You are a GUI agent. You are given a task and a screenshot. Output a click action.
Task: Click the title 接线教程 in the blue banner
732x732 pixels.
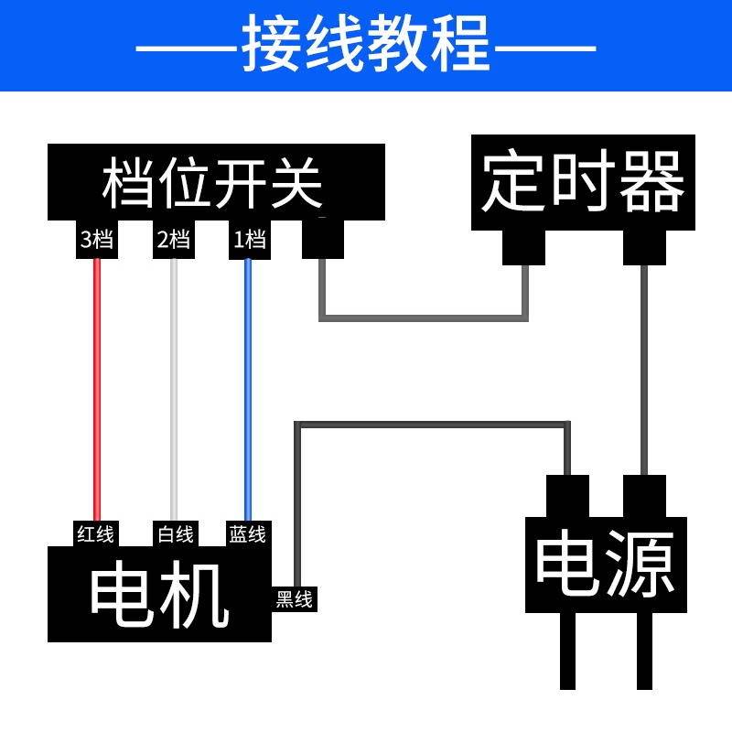[365, 43]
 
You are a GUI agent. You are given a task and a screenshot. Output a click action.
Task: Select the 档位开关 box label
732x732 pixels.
[212, 182]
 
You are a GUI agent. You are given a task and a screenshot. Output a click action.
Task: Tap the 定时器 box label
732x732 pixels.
[583, 180]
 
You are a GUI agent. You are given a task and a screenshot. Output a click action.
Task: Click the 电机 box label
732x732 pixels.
[159, 594]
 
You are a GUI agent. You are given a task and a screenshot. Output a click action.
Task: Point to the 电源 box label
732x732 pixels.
[606, 564]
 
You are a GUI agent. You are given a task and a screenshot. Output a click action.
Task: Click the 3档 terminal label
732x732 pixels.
[97, 239]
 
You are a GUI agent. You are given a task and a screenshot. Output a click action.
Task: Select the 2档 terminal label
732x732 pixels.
[174, 239]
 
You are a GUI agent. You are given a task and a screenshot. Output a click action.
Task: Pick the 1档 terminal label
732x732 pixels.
[250, 239]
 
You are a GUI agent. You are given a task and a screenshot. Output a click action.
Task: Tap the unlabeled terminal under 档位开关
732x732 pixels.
[323, 239]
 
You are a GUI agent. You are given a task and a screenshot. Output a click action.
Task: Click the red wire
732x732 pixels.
[97, 390]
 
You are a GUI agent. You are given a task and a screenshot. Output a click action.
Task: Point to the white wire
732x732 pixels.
[174, 390]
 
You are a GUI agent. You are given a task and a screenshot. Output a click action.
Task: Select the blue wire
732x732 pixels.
[248, 390]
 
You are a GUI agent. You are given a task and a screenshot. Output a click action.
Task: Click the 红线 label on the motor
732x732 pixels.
[96, 534]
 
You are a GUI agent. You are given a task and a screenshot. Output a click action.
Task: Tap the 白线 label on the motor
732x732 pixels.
[176, 534]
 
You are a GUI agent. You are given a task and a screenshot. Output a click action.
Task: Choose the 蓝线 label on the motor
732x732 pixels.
[247, 534]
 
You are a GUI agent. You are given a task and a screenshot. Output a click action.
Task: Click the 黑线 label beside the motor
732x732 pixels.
[294, 599]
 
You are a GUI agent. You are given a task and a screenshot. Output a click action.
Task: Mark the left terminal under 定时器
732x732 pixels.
[523, 247]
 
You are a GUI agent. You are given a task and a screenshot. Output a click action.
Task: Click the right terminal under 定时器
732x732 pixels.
[644, 247]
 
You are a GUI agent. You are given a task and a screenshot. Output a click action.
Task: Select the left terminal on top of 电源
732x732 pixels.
[567, 496]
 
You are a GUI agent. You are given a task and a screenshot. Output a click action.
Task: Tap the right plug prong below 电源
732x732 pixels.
[644, 651]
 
